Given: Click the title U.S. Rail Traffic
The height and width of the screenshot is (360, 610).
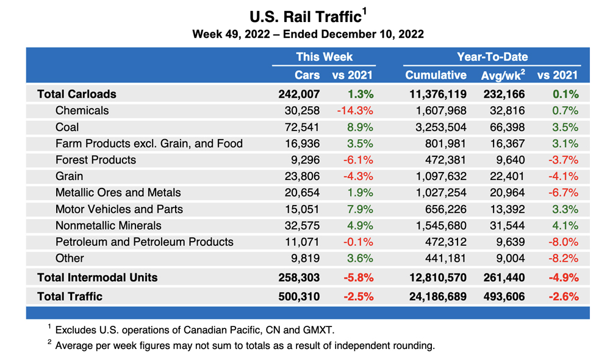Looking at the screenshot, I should click(305, 15).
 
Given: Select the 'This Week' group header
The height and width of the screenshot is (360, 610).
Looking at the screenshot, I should click(324, 57).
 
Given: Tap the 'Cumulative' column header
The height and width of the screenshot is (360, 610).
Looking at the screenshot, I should click(436, 76).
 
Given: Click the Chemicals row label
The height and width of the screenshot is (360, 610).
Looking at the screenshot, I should click(82, 110).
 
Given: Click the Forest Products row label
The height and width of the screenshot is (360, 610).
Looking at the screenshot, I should click(95, 160).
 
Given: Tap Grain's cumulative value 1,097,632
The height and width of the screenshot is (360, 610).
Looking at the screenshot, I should click(438, 176).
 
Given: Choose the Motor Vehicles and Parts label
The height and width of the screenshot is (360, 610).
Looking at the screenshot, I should click(119, 209).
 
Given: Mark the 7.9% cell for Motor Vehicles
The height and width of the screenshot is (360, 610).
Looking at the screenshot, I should click(360, 209).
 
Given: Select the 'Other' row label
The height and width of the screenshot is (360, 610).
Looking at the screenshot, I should click(70, 258).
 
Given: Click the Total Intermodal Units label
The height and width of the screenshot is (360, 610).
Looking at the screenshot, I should click(97, 278).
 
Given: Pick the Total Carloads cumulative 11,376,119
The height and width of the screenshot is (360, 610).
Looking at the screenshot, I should click(435, 94).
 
